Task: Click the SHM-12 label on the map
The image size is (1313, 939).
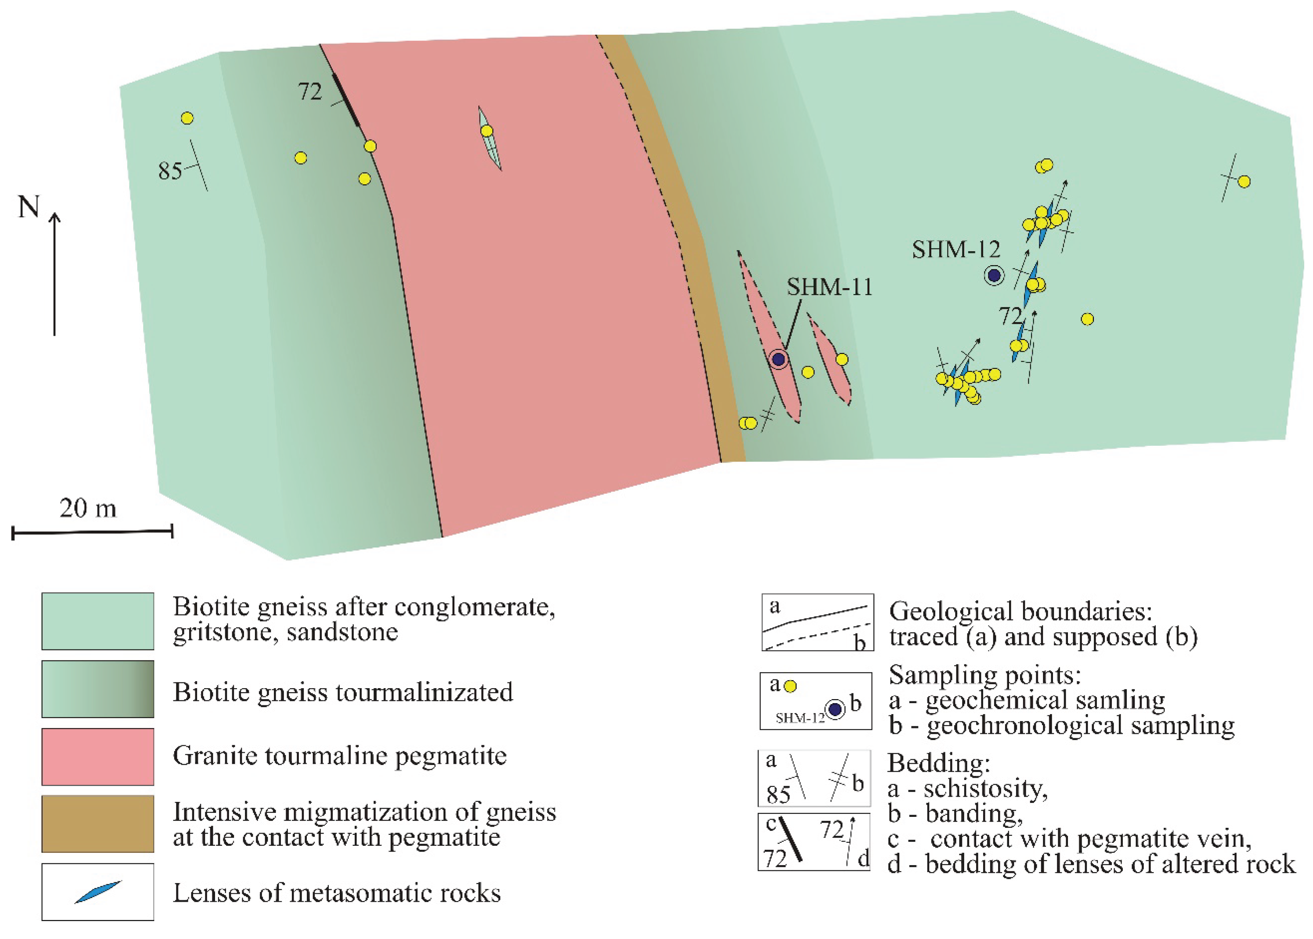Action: [x=956, y=250]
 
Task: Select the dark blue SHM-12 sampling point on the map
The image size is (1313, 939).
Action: [x=994, y=275]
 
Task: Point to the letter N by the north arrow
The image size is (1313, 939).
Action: [x=29, y=207]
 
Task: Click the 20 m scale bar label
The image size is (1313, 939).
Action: [x=88, y=508]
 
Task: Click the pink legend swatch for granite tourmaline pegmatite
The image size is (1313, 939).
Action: [x=98, y=756]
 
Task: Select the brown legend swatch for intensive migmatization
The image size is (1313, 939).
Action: [x=98, y=823]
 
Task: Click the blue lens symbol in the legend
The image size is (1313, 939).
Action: [x=98, y=892]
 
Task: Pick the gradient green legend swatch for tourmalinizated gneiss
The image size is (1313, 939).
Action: [x=98, y=689]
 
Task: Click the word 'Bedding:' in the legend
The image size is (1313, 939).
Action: [x=939, y=763]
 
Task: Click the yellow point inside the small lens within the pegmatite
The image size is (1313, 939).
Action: [x=487, y=131]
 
